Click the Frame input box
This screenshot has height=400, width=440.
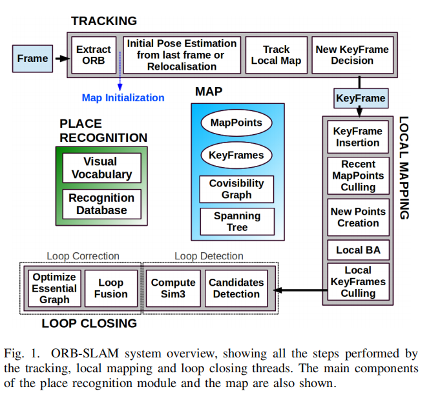click(33, 58)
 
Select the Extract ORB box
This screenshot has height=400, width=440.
click(94, 55)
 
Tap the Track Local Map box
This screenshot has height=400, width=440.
click(276, 55)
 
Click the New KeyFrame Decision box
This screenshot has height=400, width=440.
click(352, 55)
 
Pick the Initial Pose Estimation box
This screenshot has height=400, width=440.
click(182, 55)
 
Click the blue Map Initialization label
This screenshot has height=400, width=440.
click(123, 98)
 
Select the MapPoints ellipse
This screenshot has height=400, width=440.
click(236, 123)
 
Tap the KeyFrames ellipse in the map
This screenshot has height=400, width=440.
click(236, 155)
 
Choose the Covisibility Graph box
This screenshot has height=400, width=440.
click(236, 189)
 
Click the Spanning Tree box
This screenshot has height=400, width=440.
click(236, 221)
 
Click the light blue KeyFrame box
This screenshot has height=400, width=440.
click(361, 99)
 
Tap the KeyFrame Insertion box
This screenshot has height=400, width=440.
click(357, 136)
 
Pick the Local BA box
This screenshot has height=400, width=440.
click(357, 250)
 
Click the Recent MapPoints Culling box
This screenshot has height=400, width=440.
click(357, 175)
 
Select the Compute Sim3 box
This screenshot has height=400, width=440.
click(173, 288)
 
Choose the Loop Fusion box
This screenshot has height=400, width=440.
click(110, 288)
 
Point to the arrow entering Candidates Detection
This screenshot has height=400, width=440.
click(294, 289)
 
